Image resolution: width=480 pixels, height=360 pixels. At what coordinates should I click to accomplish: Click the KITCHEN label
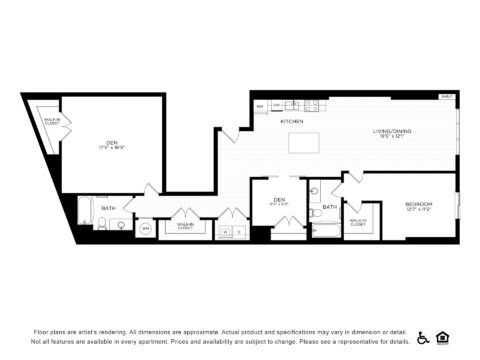[x=292, y=121]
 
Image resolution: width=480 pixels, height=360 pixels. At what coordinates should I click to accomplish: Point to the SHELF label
[x=445, y=97]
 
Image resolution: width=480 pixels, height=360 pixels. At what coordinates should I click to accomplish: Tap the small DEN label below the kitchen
[x=280, y=201]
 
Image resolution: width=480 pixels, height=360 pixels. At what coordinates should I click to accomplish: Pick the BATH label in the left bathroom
[x=108, y=208]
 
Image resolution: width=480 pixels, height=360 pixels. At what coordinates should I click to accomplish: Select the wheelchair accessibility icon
[x=423, y=337]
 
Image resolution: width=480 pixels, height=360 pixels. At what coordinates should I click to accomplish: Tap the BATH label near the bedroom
[x=329, y=207]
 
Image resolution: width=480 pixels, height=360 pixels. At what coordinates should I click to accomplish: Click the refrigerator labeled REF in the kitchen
[x=261, y=105]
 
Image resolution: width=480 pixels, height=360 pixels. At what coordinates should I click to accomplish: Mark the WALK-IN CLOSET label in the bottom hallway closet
[x=185, y=226]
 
